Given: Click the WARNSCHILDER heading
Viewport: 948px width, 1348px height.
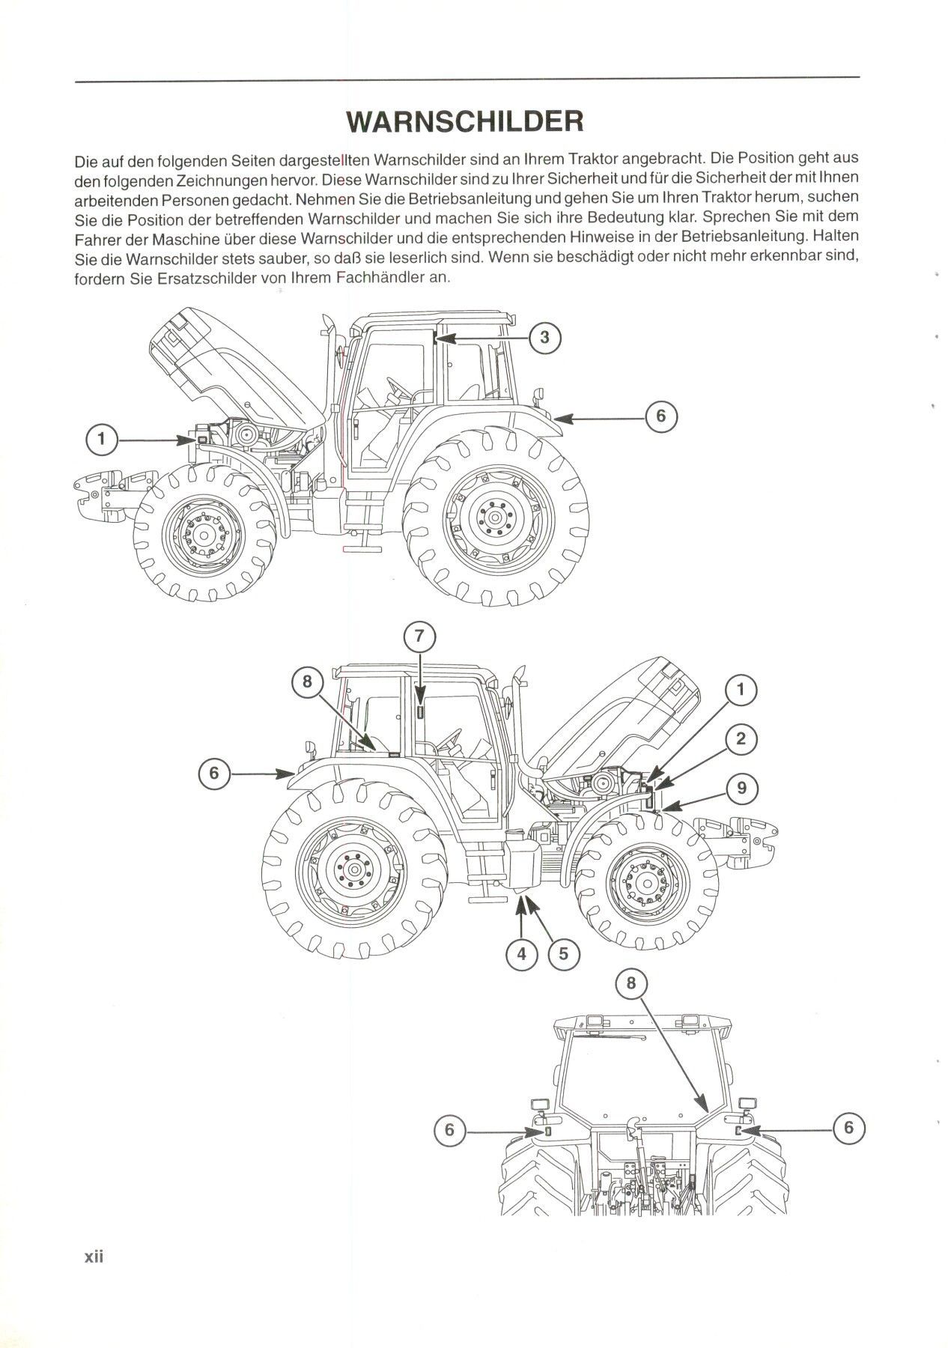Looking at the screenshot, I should [x=465, y=121].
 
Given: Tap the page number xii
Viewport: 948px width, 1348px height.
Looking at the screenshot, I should [x=93, y=1256].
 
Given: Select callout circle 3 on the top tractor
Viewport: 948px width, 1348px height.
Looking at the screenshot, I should [x=544, y=338].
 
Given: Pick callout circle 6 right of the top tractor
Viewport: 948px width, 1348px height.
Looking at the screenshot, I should [x=660, y=416].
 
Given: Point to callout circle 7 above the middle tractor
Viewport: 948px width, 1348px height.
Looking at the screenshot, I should [x=419, y=637].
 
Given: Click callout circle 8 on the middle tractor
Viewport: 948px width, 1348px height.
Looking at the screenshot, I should [x=307, y=682].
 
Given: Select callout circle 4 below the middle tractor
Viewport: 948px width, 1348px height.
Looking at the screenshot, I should [x=521, y=953].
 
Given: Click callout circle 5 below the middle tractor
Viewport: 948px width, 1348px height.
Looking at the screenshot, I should [x=563, y=953].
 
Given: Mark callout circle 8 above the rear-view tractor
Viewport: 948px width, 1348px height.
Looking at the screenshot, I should [x=631, y=982].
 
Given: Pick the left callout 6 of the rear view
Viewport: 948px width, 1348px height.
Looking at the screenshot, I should [x=449, y=1129].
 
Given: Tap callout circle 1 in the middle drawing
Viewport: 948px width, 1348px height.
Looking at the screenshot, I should [x=741, y=690].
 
